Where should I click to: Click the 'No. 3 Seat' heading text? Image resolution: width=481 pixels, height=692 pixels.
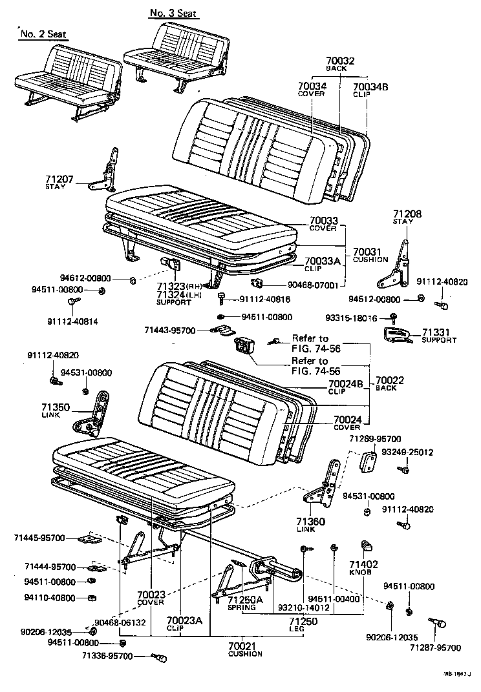pyautogui.click(x=173, y=13)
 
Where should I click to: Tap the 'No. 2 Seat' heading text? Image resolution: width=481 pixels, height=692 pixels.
pyautogui.click(x=43, y=34)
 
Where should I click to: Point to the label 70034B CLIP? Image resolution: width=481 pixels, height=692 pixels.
pyautogui.click(x=370, y=89)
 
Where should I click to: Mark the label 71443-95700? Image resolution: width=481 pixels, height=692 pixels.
pyautogui.click(x=169, y=331)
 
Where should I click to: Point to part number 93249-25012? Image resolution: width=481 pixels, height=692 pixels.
pyautogui.click(x=407, y=453)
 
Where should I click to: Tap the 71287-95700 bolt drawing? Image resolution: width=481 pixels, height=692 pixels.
pyautogui.click(x=438, y=624)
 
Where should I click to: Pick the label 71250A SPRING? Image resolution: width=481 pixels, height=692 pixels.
pyautogui.click(x=245, y=603)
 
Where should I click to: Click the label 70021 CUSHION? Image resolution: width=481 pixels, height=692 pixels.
pyautogui.click(x=245, y=649)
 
